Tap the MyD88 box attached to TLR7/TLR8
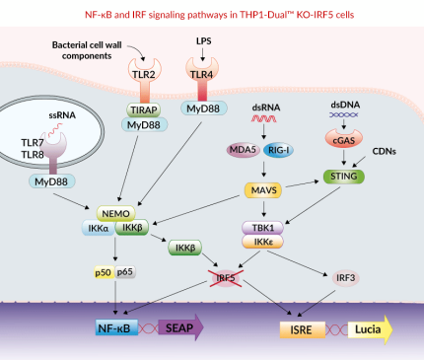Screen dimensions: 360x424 click(x=56, y=182)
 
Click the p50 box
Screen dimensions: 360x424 click(x=103, y=272)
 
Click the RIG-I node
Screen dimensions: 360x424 click(x=278, y=150)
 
